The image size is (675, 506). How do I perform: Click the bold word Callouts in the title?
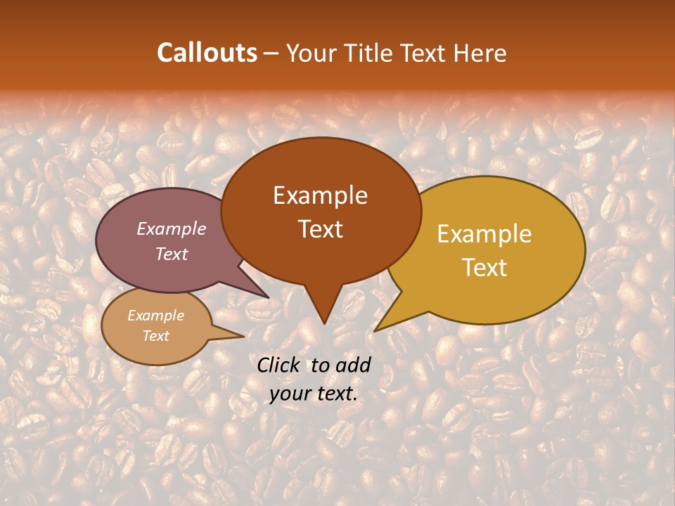(207, 53)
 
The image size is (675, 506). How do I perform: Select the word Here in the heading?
(480, 53)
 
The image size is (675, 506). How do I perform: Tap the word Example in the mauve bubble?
(172, 228)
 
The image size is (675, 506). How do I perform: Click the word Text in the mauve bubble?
(172, 254)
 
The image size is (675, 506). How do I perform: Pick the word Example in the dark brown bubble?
(320, 195)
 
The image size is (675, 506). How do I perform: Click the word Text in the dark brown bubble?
(320, 229)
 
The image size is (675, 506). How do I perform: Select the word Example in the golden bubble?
(484, 234)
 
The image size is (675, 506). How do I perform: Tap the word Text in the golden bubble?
(484, 268)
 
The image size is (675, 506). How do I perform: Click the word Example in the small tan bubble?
(155, 316)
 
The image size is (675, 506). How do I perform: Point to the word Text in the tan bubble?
(155, 336)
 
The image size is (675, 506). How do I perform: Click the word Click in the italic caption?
(280, 365)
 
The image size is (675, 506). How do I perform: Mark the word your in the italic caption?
(289, 394)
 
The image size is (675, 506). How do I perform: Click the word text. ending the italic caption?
(335, 394)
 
